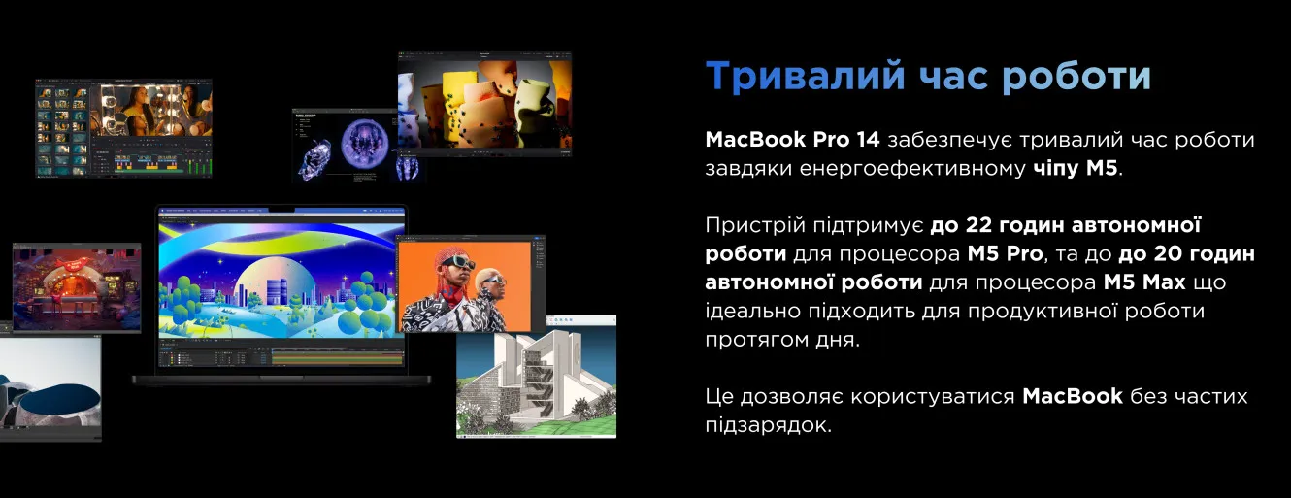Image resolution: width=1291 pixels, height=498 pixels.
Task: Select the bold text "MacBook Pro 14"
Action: pos(792,140)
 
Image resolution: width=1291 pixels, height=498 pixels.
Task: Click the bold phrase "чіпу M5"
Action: pos(1076,168)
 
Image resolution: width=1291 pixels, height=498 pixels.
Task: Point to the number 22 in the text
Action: pos(978,225)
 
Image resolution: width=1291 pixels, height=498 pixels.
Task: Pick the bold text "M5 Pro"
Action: pos(1006,253)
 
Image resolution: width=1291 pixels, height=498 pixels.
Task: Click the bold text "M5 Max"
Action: pos(1144,282)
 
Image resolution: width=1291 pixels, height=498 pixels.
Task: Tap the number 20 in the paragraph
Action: pos(1166,253)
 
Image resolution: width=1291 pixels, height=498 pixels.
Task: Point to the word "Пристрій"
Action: pos(755,225)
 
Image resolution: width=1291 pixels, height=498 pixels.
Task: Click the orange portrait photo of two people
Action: pos(465,286)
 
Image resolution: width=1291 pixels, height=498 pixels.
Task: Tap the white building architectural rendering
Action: pos(537,378)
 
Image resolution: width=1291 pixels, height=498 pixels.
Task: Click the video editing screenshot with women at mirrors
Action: pos(123,128)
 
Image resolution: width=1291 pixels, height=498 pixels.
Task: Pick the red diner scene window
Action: pos(77,287)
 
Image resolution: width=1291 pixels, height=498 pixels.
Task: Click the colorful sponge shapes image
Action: pos(484,104)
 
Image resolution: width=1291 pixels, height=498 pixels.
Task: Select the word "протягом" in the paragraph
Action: pos(753,340)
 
